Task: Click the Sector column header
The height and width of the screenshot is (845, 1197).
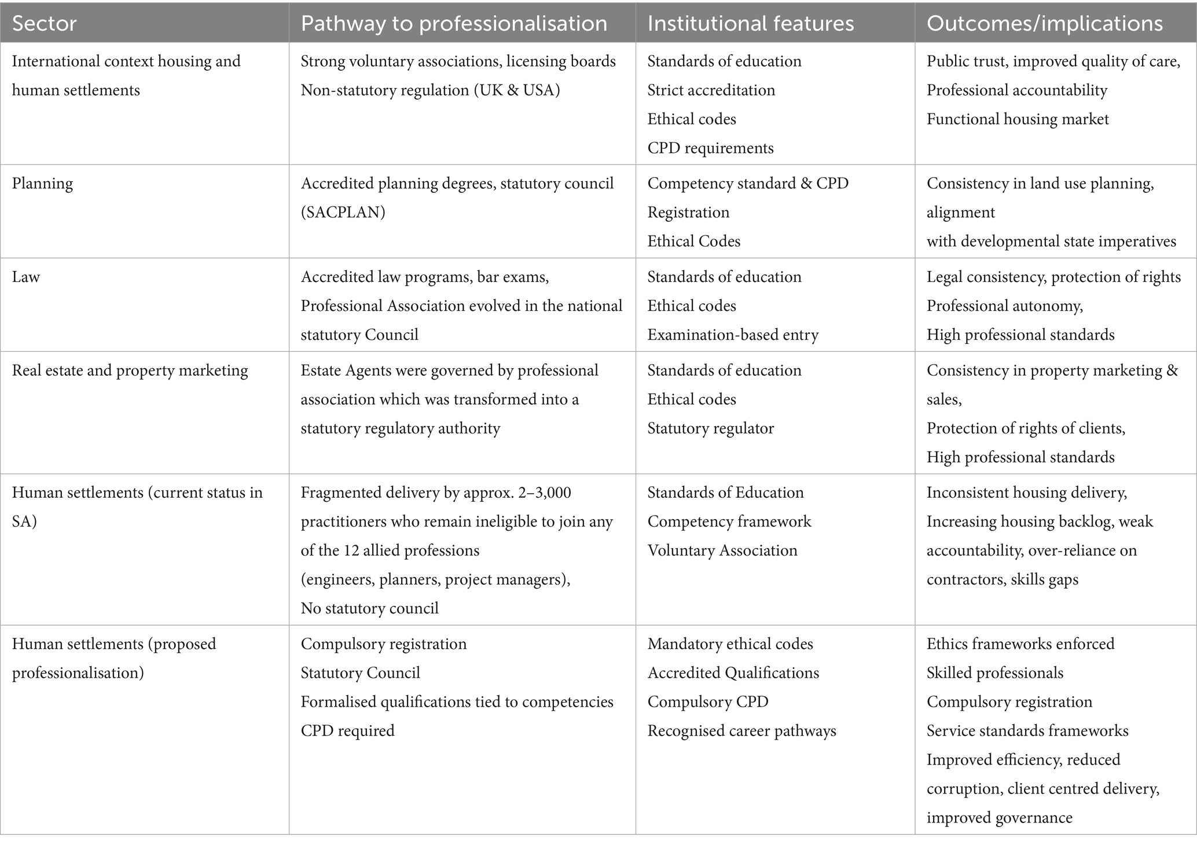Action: click(x=45, y=23)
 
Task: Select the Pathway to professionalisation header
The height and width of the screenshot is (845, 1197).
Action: click(x=454, y=23)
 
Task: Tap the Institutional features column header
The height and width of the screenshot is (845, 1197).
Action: click(x=750, y=23)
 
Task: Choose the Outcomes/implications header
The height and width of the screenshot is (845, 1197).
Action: click(x=1044, y=23)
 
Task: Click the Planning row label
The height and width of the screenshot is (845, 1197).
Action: click(x=42, y=183)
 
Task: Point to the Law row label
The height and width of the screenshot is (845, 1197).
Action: click(x=26, y=277)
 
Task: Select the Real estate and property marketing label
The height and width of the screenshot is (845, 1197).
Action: click(x=130, y=370)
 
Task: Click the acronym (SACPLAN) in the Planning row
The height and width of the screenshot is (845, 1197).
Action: click(x=343, y=212)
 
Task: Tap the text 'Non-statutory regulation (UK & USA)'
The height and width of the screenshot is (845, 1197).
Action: click(x=430, y=90)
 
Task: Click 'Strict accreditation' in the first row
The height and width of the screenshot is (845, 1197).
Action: click(x=711, y=90)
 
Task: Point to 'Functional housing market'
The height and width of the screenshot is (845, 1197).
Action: click(x=1018, y=119)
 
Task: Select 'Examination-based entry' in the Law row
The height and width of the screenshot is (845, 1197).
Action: click(x=733, y=335)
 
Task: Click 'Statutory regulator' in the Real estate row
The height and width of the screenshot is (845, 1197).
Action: click(x=710, y=428)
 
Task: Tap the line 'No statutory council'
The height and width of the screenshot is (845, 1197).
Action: click(x=369, y=608)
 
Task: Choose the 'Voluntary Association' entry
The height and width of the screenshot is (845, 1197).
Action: click(x=722, y=550)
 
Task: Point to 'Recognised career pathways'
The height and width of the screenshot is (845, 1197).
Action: click(x=741, y=731)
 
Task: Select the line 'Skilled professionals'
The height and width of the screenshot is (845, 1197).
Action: click(x=994, y=673)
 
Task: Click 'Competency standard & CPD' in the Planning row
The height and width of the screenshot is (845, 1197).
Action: click(x=747, y=183)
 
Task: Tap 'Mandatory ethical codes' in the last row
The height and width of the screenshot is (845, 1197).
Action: click(x=730, y=644)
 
